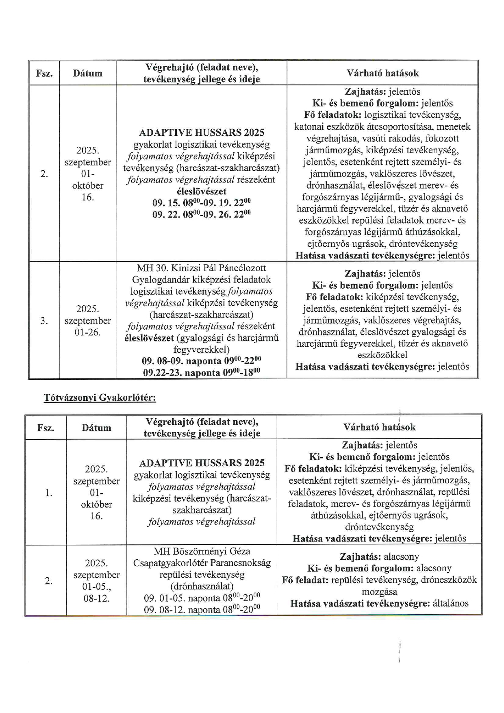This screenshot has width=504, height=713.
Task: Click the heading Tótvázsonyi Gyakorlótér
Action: click(100, 398)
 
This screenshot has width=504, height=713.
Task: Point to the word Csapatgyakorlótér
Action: click(170, 563)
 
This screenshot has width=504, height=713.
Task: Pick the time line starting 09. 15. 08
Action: click(201, 203)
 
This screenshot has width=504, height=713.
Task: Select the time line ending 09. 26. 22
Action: click(201, 214)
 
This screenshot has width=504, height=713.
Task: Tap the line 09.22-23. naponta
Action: click(201, 373)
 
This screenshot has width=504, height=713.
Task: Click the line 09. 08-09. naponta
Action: click(201, 361)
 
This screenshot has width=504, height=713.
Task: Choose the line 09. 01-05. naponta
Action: click(202, 598)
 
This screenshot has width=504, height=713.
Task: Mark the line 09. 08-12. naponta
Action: click(202, 610)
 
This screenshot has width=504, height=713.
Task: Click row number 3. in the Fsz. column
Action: click(44, 321)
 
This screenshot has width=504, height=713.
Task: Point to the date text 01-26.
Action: click(87, 333)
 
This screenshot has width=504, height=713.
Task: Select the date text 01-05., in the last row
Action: click(96, 587)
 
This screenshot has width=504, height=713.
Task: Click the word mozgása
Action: click(379, 592)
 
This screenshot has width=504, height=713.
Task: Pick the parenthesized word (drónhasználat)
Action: click(202, 587)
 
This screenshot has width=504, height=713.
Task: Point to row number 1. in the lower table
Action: click(48, 493)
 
